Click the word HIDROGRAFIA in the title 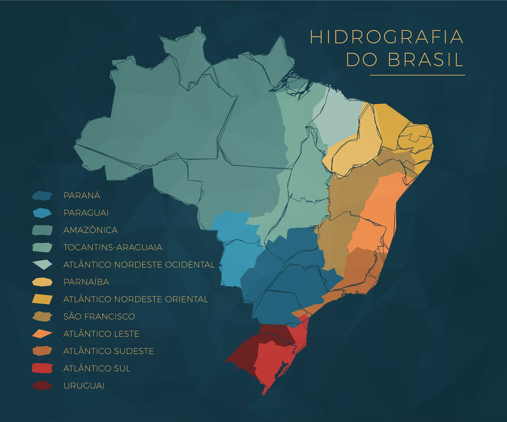point(387,37)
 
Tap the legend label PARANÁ point(82,195)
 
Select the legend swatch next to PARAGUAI point(42,213)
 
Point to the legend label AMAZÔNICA point(91,230)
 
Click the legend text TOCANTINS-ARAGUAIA point(113,247)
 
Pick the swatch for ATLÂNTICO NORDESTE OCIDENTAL point(42,264)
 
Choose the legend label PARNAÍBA point(86,281)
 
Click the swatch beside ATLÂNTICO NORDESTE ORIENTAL point(42,299)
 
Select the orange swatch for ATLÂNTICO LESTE point(42,333)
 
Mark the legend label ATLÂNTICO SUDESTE point(108,351)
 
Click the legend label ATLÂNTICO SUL point(97,368)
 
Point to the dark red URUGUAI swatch point(42,385)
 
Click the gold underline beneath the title point(417,75)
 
